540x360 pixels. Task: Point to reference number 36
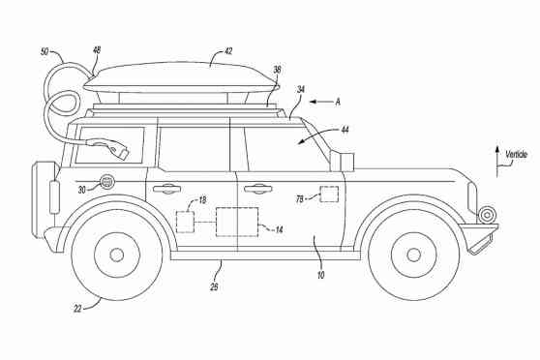click(x=277, y=70)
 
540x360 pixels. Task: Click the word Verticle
click(x=515, y=154)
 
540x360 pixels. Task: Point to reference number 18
click(x=200, y=199)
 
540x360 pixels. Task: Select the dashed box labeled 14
click(x=237, y=221)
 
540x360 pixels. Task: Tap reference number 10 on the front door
click(x=319, y=276)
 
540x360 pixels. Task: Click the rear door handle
click(x=166, y=188)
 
